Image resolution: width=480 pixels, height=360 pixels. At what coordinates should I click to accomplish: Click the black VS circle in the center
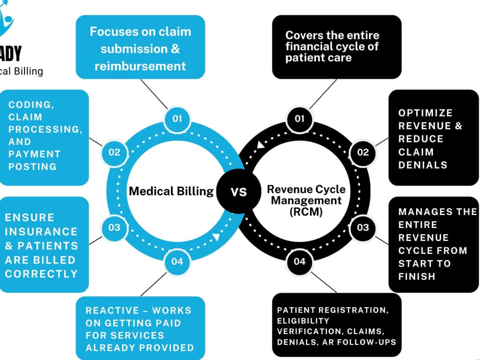239,192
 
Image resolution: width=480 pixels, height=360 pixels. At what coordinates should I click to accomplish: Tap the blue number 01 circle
177,119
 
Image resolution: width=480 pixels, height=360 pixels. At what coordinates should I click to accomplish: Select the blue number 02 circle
115,153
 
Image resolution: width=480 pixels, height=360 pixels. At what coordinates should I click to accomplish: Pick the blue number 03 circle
115,228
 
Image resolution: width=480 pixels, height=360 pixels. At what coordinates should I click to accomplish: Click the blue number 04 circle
177,262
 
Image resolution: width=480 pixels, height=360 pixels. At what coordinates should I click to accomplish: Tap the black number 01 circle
300,119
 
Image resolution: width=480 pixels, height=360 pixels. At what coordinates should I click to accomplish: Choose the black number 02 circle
363,153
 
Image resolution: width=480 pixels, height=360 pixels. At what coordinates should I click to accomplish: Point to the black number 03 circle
363,228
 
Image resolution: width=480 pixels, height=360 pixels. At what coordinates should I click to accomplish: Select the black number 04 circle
300,262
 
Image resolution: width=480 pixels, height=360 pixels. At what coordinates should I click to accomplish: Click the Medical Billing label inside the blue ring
171,192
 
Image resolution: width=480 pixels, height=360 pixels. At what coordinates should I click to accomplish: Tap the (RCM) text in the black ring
306,212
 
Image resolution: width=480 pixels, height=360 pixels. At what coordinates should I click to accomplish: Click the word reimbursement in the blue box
140,66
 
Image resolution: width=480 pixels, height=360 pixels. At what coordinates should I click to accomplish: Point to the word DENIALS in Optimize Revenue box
423,165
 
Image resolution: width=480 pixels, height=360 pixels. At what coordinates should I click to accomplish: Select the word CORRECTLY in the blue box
41,274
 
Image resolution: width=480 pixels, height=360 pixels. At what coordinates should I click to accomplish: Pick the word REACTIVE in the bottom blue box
112,311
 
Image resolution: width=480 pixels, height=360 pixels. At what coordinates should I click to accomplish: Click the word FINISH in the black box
417,276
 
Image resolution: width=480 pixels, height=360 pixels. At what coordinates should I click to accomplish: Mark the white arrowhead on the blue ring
216,237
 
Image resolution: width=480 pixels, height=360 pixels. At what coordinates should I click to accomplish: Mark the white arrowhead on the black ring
261,144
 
